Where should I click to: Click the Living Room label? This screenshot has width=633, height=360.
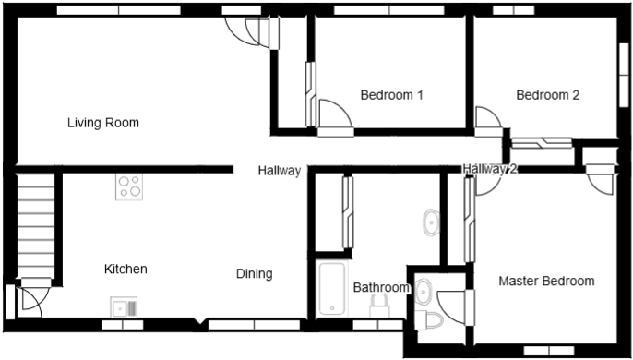tap(102, 123)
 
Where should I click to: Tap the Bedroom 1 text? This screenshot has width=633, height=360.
tap(391, 95)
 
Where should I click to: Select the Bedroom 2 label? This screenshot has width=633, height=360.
tap(547, 95)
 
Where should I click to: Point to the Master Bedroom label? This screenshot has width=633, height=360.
tap(546, 281)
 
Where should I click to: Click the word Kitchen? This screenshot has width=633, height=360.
tap(125, 270)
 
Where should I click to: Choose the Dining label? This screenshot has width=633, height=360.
tap(254, 273)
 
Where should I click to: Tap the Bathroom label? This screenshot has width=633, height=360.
tap(380, 288)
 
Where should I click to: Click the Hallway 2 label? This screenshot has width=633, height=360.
tap(490, 169)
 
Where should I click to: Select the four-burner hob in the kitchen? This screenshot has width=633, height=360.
tap(129, 187)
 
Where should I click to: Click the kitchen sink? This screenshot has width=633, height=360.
tap(124, 306)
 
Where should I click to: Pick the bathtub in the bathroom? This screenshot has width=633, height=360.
tap(329, 290)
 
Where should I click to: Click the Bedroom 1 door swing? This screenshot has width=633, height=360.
tap(334, 116)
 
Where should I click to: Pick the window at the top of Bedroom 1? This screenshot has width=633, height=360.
tap(390, 11)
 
